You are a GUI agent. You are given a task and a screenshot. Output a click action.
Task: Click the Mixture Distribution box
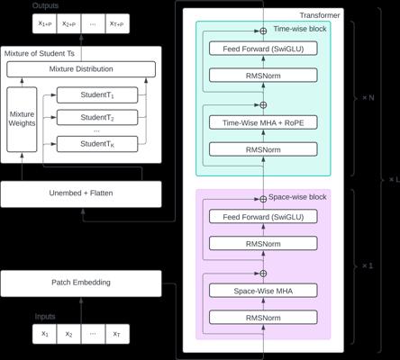pyautogui.click(x=81, y=69)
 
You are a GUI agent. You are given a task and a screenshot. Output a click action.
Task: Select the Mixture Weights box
pyautogui.click(x=22, y=120)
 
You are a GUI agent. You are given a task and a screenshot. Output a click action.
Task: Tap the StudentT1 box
pyautogui.click(x=97, y=95)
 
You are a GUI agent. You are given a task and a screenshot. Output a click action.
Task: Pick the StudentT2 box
pyautogui.click(x=97, y=117)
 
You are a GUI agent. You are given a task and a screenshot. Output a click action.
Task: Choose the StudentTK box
pyautogui.click(x=97, y=144)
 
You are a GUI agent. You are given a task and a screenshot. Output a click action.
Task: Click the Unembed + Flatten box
pyautogui.click(x=81, y=193)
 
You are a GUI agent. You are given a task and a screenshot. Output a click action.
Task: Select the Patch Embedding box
pyautogui.click(x=81, y=283)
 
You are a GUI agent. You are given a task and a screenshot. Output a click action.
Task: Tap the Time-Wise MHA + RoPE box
pyautogui.click(x=263, y=122)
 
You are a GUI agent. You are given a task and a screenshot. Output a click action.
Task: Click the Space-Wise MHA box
pyautogui.click(x=263, y=291)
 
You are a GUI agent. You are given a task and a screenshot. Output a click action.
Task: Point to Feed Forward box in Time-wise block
pyautogui.click(x=263, y=49)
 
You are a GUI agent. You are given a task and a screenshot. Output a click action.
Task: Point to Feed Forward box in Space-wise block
pyautogui.click(x=263, y=217)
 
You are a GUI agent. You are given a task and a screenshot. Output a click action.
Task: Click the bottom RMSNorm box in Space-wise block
pyautogui.click(x=263, y=318)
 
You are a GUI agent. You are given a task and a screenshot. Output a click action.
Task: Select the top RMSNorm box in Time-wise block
pyautogui.click(x=263, y=76)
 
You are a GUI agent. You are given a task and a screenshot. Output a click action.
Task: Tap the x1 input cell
pyautogui.click(x=44, y=334)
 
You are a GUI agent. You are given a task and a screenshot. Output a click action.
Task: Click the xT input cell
pyautogui.click(x=117, y=334)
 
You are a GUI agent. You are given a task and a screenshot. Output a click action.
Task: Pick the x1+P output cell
pyautogui.click(x=44, y=23)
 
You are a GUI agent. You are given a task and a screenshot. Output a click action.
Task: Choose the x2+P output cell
pyautogui.click(x=68, y=23)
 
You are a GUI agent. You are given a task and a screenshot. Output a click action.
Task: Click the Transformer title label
pyautogui.click(x=320, y=15)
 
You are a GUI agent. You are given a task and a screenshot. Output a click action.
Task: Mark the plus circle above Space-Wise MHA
pyautogui.click(x=263, y=274)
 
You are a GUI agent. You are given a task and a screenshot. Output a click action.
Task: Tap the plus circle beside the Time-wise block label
pyautogui.click(x=263, y=31)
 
